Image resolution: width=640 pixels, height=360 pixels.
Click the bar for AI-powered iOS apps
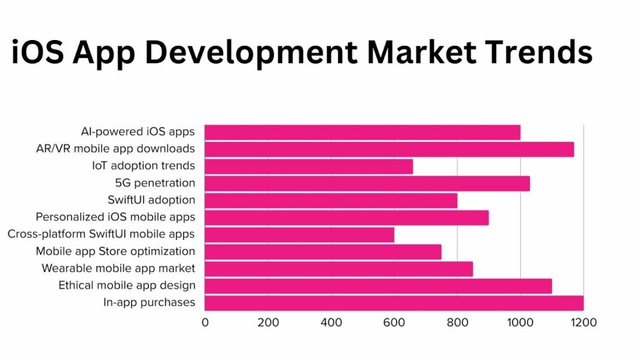pyautogui.click(x=362, y=132)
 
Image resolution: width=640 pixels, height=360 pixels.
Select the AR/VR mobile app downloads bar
pyautogui.click(x=389, y=149)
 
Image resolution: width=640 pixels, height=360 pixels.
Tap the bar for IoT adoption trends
pyautogui.click(x=309, y=166)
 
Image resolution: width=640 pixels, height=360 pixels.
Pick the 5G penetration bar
pyautogui.click(x=367, y=183)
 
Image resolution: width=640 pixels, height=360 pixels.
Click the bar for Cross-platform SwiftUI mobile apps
pyautogui.click(x=299, y=234)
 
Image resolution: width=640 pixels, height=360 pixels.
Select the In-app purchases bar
pyautogui.click(x=394, y=302)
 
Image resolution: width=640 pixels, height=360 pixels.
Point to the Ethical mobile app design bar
pyautogui.click(x=378, y=286)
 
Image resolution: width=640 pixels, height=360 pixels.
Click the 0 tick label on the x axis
pyautogui.click(x=205, y=322)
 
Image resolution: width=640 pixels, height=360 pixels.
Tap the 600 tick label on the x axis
pyautogui.click(x=394, y=322)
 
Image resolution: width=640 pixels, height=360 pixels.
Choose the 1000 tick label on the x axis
pyautogui.click(x=519, y=322)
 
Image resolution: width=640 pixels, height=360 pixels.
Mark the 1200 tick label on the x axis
pyautogui.click(x=582, y=322)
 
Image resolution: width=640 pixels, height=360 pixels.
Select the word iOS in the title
pyautogui.click(x=36, y=52)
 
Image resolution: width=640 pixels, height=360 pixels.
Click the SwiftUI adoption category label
pyautogui.click(x=151, y=200)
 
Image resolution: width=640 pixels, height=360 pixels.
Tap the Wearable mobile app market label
pyautogui.click(x=118, y=268)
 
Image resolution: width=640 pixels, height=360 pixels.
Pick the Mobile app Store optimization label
pyautogui.click(x=115, y=251)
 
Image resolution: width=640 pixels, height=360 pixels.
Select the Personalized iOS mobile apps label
pyautogui.click(x=115, y=217)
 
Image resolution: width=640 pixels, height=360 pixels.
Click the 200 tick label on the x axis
pyautogui.click(x=268, y=322)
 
